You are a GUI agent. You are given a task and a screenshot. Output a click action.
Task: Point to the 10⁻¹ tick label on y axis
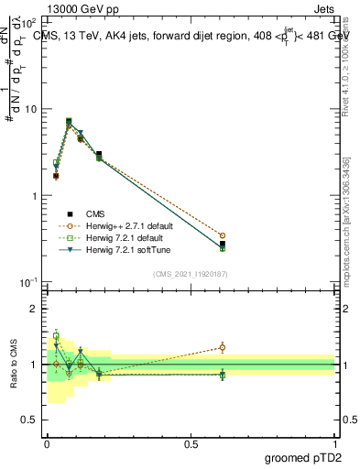[29, 282]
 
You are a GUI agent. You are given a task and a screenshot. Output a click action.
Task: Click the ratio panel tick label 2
[34, 310]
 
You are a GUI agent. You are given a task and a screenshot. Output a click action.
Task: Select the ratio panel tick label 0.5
[30, 420]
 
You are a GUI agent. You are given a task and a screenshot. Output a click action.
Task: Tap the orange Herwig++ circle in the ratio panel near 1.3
[223, 347]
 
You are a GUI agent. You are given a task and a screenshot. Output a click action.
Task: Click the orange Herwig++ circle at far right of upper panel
[223, 235]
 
